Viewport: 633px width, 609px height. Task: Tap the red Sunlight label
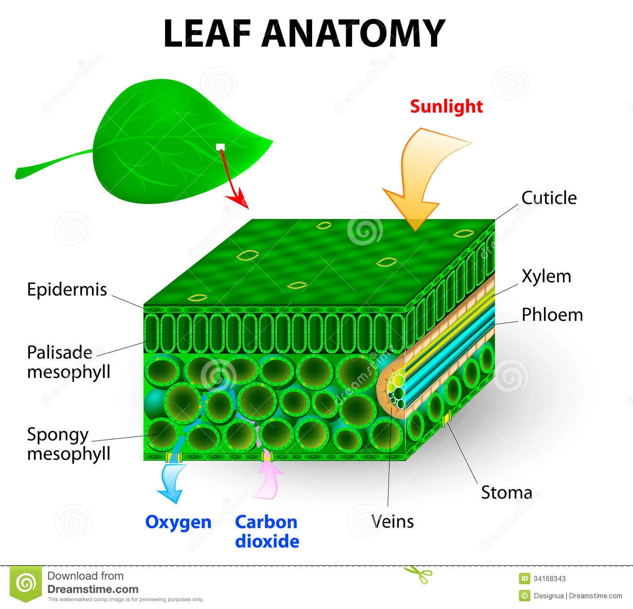(x=446, y=106)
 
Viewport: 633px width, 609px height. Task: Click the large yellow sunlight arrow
(x=424, y=175)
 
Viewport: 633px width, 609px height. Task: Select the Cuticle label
(x=549, y=198)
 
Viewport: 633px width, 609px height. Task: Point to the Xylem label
(x=546, y=276)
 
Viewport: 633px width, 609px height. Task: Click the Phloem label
(x=552, y=315)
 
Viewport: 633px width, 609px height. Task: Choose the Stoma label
(x=506, y=492)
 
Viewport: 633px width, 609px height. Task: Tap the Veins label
(x=392, y=521)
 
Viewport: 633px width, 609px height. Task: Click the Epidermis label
(x=67, y=289)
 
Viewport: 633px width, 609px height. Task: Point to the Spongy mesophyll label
(x=69, y=443)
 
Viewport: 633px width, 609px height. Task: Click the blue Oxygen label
(x=178, y=522)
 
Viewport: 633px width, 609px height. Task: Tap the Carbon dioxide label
(x=266, y=532)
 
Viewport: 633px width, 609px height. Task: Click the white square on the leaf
(x=220, y=147)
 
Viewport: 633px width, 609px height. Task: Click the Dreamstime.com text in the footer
(x=93, y=589)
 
